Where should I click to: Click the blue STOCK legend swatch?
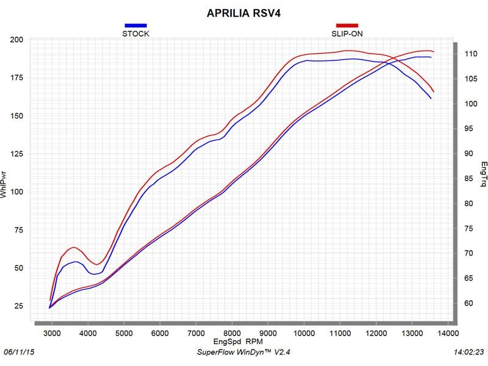click(135, 25)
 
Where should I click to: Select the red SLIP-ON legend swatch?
click(346, 25)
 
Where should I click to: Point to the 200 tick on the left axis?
click(17, 40)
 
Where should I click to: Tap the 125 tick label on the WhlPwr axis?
click(17, 154)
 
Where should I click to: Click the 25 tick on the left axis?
click(19, 306)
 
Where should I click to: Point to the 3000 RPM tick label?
click(52, 334)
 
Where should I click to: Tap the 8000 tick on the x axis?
click(232, 334)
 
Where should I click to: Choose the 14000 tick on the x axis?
click(448, 334)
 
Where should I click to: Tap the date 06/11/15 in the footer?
click(18, 353)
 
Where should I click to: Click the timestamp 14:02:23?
click(468, 353)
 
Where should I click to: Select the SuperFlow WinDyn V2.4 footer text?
click(243, 353)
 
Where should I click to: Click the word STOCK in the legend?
click(135, 34)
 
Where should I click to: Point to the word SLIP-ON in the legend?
click(346, 34)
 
